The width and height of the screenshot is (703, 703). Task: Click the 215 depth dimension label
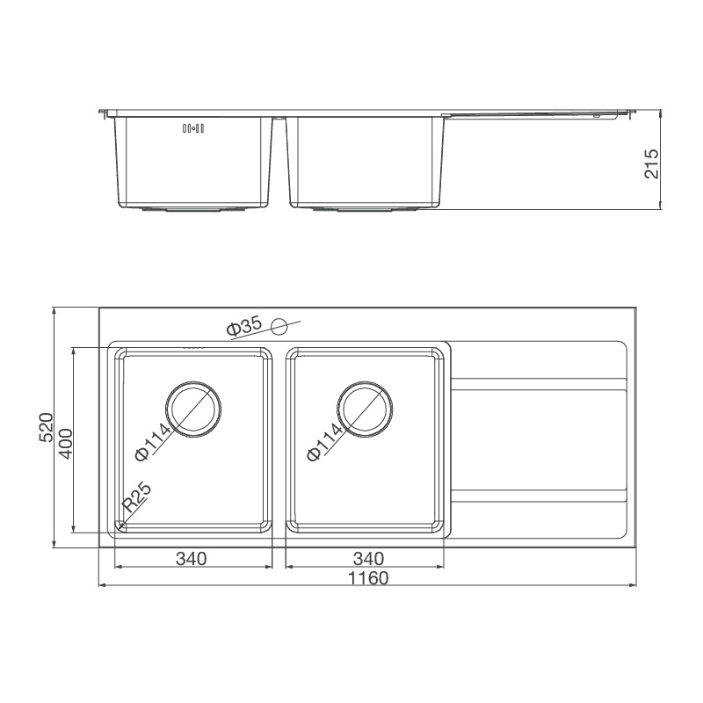[x=651, y=163]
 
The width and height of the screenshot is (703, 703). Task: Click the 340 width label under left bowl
[x=191, y=558]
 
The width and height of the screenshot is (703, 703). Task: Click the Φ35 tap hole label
[x=243, y=328]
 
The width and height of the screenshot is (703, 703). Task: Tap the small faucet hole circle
[x=279, y=328]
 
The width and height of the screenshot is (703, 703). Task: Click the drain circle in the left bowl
[x=193, y=409]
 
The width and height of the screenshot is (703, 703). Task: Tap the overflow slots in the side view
[x=192, y=129]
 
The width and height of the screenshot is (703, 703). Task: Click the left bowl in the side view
[x=192, y=163]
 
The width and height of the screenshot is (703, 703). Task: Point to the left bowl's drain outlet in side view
[x=193, y=211]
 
